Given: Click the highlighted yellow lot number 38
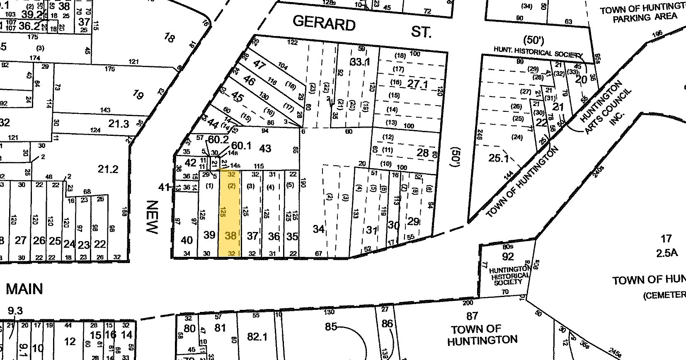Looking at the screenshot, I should click(x=230, y=236).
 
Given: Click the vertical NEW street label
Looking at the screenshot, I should click(x=153, y=217).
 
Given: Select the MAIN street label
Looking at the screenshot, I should click(x=24, y=288).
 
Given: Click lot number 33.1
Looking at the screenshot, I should click(x=359, y=62).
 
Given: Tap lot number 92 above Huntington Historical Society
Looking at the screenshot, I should click(x=508, y=256).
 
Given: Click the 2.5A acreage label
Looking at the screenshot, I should click(x=665, y=253).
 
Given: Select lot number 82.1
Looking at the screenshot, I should click(x=257, y=337).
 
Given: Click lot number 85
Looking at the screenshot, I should click(x=331, y=326).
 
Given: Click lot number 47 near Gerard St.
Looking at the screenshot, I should click(x=259, y=64).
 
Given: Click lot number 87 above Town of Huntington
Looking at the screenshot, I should click(x=472, y=316).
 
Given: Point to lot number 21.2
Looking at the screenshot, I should click(x=107, y=169).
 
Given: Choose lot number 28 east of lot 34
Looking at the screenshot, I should click(x=423, y=152).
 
